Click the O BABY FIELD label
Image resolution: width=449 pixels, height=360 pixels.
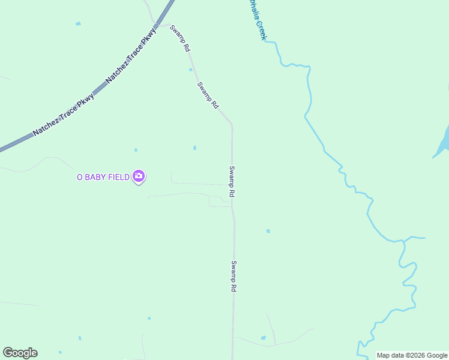(103, 176)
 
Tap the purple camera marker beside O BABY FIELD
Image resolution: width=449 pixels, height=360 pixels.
(139, 176)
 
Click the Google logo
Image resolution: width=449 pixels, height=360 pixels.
(20, 353)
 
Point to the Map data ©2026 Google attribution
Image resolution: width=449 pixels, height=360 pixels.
(412, 355)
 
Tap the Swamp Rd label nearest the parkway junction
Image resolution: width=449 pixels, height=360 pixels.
(180, 37)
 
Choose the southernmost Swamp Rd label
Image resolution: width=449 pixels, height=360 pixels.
(234, 276)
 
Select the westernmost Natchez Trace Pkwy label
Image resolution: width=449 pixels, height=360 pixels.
(64, 114)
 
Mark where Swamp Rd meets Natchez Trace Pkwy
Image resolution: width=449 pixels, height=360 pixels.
(158, 26)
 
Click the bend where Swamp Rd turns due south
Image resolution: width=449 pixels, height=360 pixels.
(232, 125)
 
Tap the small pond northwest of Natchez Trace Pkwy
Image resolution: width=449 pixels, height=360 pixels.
(78, 24)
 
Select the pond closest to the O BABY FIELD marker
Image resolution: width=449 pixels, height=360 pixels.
(136, 150)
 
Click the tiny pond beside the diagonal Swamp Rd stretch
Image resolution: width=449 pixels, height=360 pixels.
(191, 70)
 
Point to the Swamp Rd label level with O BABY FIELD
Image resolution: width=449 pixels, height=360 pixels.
(231, 182)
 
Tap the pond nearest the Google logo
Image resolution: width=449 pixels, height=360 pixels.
(60, 352)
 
